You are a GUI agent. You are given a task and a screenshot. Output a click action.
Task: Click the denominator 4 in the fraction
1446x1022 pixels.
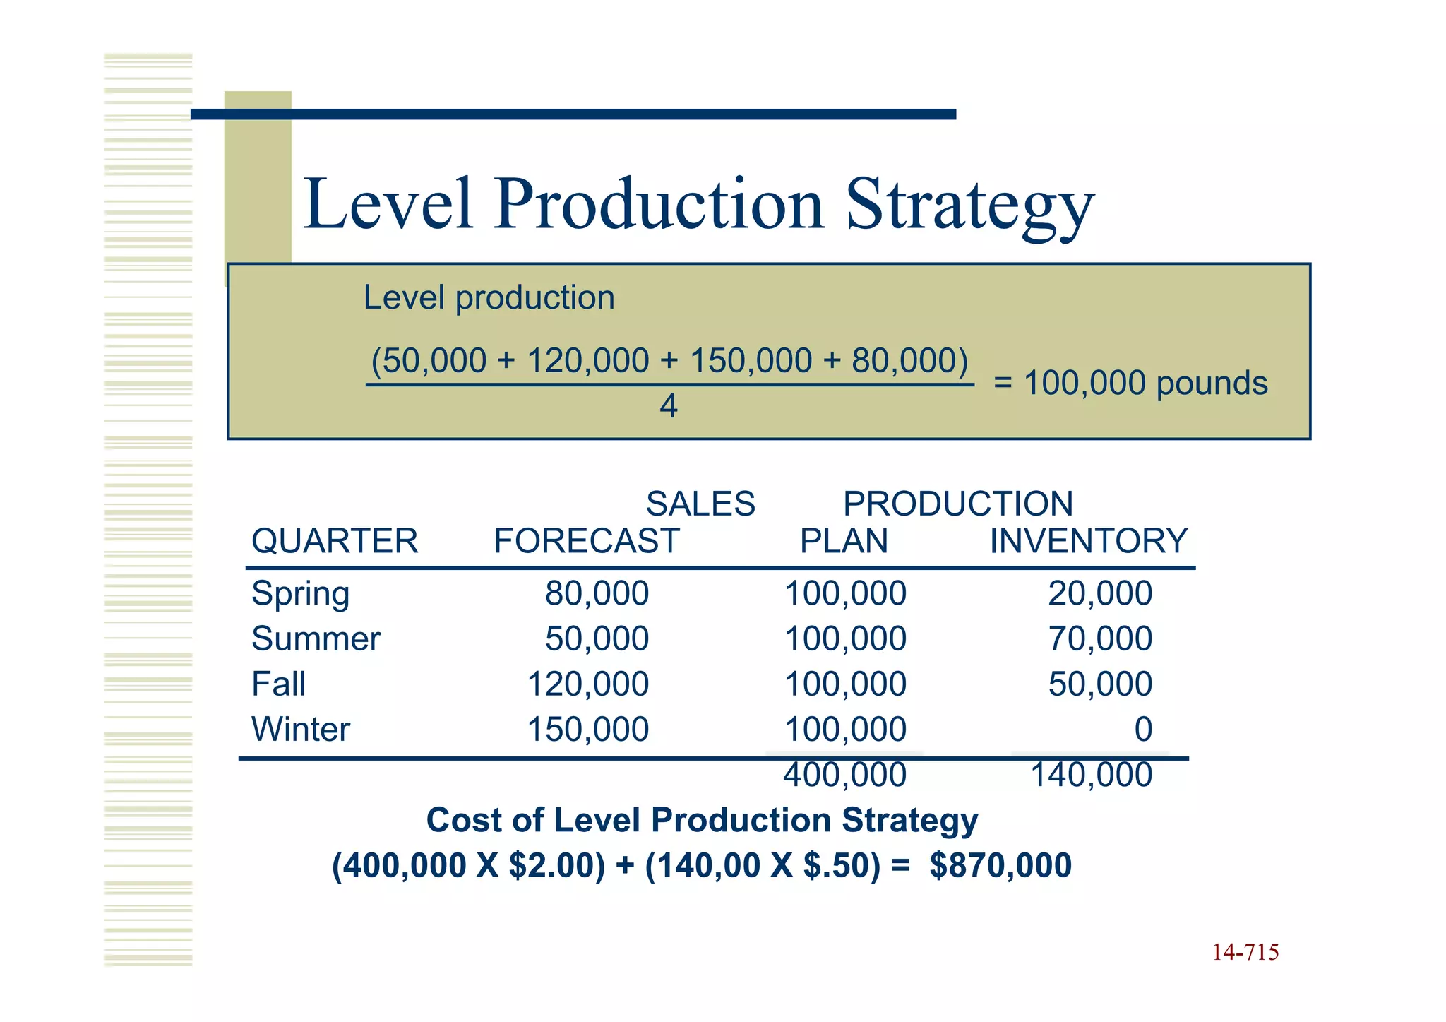coord(668,406)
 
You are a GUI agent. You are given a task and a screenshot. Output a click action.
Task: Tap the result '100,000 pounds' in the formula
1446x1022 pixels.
coord(1145,383)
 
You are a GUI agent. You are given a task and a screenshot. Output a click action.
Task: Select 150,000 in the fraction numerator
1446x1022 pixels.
coord(751,361)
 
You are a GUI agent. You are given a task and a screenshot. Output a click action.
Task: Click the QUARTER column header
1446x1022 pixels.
coord(335,541)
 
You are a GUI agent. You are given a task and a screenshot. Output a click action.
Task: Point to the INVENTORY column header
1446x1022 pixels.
coord(1088,541)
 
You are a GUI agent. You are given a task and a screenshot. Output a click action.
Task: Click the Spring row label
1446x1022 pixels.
coord(300,594)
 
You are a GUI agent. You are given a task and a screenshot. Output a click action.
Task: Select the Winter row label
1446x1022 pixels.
coord(300,730)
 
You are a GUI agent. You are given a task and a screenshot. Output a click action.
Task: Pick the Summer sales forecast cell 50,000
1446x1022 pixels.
coord(597,639)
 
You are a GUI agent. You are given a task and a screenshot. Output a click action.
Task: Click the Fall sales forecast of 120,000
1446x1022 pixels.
coord(588,684)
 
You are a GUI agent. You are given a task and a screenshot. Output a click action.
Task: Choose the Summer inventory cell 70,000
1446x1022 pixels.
coord(1099,639)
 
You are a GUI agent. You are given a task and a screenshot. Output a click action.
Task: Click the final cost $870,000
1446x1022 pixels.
coord(1000,866)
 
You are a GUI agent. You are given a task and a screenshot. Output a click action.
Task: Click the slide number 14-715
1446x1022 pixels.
coord(1245,953)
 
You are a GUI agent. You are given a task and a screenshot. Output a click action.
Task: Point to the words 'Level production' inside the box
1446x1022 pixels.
coord(489,297)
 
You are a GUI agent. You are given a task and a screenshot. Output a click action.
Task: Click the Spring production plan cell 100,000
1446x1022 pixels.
coord(845,594)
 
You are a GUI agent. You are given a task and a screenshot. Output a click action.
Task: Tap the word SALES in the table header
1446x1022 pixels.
coord(700,504)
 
